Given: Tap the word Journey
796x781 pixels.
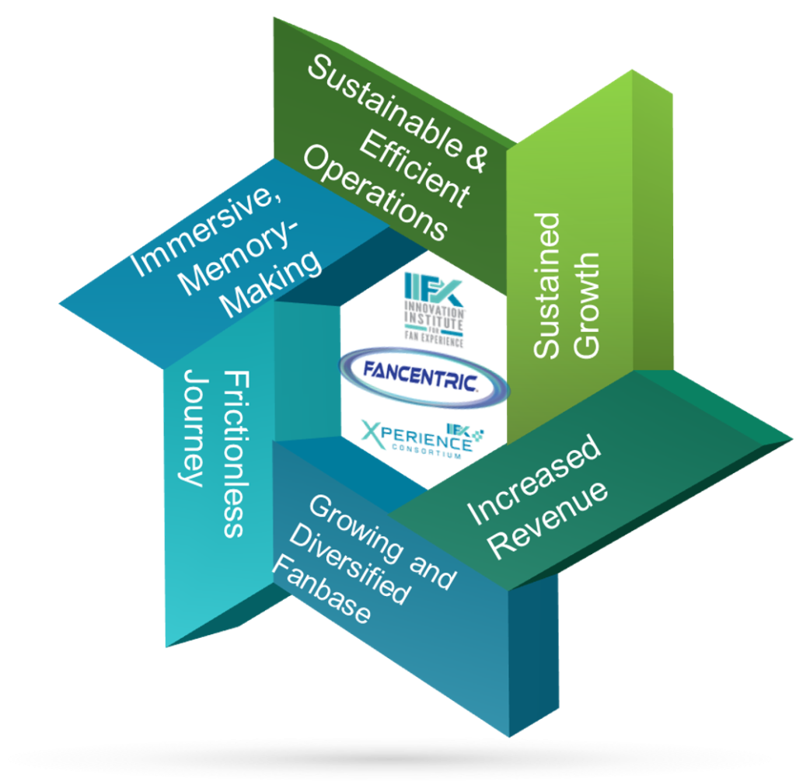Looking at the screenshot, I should pyautogui.click(x=191, y=427).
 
